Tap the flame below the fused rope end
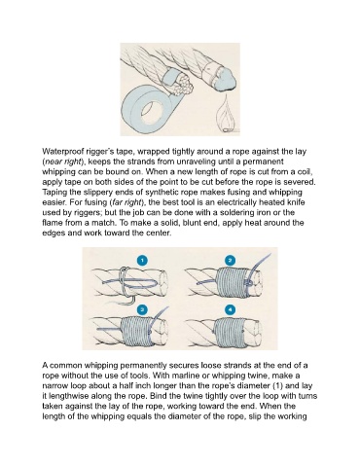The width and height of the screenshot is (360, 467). [x=226, y=116]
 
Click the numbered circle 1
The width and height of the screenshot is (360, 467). [x=142, y=261]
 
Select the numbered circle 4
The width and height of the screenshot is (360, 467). [x=230, y=309]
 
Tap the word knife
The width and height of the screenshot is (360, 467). [x=296, y=202]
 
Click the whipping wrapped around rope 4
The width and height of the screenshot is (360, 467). [x=230, y=332]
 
